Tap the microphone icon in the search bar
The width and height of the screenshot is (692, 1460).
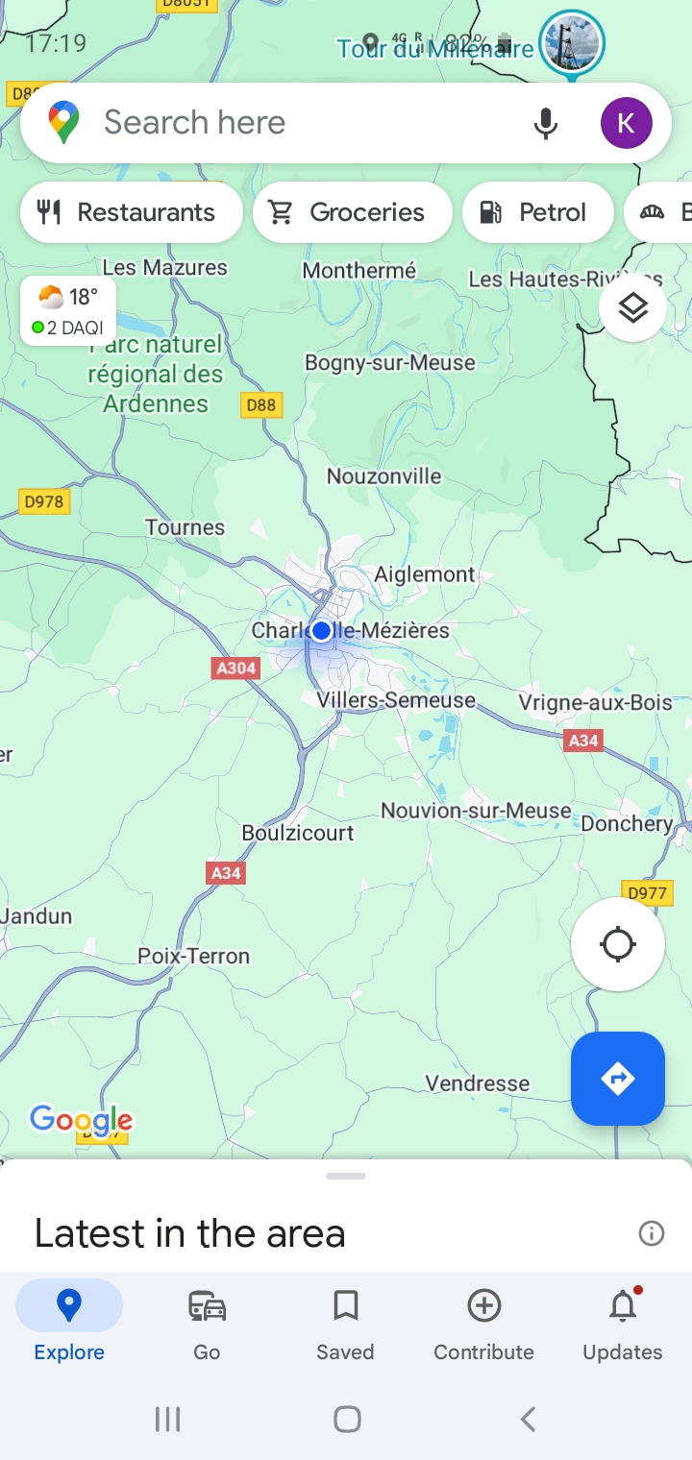coord(545,123)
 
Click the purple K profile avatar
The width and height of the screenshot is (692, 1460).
coord(626,123)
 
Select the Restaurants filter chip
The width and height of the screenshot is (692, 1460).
coord(131,212)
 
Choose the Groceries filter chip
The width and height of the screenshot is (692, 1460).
coord(352,212)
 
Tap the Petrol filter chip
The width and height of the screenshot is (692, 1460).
coord(537,212)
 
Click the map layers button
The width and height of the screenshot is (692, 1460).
coord(632,308)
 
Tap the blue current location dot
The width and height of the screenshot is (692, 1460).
coord(321,630)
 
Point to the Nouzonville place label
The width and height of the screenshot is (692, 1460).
coord(383,476)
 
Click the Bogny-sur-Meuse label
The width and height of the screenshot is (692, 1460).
coord(389,363)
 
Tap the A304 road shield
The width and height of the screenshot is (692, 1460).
coord(236,668)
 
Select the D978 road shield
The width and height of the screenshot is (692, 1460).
coord(44,500)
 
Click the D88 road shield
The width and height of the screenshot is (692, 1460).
coord(260,404)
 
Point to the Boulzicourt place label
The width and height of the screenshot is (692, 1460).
coord(298,833)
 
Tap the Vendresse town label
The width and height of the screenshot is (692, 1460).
coord(477,1083)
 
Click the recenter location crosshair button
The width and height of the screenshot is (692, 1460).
coord(617,944)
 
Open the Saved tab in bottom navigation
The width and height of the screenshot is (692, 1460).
coord(345,1324)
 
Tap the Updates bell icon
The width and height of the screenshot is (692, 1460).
coord(623,1307)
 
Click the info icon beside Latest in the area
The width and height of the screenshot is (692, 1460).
coord(652,1233)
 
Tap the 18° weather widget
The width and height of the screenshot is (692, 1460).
coord(68,310)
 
